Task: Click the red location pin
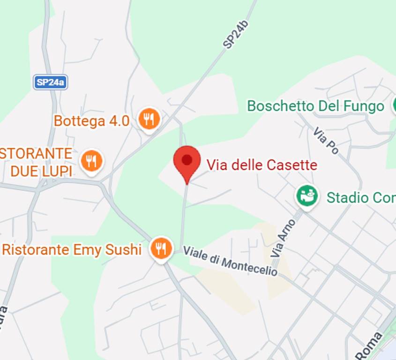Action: coord(187,162)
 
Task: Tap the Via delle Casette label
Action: coord(262,165)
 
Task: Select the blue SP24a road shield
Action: coord(50,82)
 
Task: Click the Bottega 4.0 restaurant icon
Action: coord(149,120)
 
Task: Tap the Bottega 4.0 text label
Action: coord(91,121)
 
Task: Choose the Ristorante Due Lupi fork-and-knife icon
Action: coord(91,161)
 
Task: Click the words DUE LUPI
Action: coord(41,171)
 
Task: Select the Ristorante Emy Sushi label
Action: coord(72,249)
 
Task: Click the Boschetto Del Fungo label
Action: coord(315,106)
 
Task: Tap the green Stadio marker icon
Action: coord(307,195)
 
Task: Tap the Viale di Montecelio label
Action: coord(230,261)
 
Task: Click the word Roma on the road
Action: coord(368,346)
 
